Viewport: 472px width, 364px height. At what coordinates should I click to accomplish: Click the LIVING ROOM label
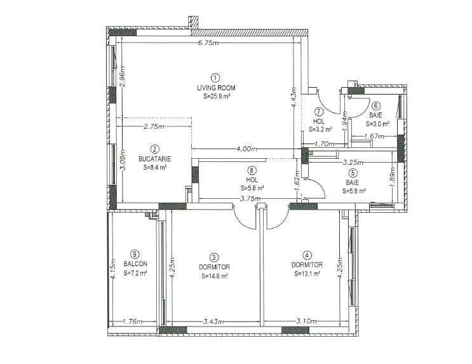tap(216, 88)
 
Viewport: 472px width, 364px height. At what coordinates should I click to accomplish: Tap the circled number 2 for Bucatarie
tap(155, 149)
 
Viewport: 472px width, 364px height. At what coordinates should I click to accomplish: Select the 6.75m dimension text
tap(208, 43)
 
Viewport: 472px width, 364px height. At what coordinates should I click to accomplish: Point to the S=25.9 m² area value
tap(217, 97)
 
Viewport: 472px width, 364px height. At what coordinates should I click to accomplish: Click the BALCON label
tap(135, 264)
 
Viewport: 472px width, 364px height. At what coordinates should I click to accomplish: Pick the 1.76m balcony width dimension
tap(133, 321)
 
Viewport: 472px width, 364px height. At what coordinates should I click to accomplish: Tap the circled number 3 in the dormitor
tap(214, 257)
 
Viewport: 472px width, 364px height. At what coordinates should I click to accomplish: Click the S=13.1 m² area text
tap(307, 274)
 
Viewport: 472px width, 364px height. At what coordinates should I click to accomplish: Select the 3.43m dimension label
tap(213, 321)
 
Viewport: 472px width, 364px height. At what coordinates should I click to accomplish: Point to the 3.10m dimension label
tap(306, 321)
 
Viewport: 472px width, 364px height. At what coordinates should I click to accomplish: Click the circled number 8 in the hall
tap(252, 170)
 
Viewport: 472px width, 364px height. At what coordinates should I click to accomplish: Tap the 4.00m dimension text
tap(246, 149)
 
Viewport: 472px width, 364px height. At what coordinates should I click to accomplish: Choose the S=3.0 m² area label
tap(378, 124)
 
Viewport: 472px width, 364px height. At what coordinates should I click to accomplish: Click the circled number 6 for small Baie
tap(376, 105)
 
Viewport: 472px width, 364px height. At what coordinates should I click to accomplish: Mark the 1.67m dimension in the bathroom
tap(374, 137)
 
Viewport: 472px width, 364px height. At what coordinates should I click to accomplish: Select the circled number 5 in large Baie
tap(353, 173)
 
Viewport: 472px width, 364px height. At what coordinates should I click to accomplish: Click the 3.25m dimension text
tap(353, 163)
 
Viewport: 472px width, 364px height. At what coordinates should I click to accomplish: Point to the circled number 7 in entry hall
tap(319, 112)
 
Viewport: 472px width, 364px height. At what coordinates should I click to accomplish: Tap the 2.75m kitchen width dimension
tap(154, 127)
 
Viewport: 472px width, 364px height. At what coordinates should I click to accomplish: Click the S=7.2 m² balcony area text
tap(135, 273)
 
